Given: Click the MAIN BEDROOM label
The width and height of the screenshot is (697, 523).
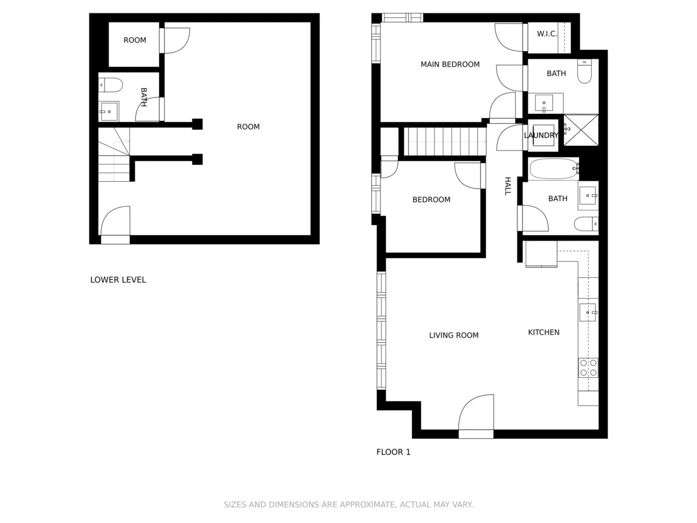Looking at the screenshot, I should pos(450,65).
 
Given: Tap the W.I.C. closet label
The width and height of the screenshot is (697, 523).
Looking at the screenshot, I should pos(547,34).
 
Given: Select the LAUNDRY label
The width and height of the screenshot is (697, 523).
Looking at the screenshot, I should pos(541,135).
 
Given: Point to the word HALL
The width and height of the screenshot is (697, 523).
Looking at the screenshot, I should pos(507,186).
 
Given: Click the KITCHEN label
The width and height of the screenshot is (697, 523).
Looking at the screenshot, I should pos(544,332).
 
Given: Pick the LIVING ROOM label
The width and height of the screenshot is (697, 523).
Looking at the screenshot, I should pos(454,335).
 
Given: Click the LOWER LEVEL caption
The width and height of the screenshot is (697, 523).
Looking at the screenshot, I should pos(118,280).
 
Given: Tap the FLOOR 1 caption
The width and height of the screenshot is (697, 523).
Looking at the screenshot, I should pos(393,452).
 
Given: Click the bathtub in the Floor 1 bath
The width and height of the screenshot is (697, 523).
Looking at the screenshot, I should pos(554,169).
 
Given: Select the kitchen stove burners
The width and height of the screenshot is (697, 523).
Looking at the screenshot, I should pos(588,368).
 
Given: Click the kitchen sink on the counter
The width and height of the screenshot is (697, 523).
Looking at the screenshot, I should pos(587,312).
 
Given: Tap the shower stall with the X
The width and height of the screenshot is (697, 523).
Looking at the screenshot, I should pos(581,130).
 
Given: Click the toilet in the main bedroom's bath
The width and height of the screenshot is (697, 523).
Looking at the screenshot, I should pos(584,72).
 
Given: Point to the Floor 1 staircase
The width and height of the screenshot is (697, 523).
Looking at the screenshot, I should pos(444,141).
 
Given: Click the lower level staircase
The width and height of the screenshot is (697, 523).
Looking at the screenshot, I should pos(114,155).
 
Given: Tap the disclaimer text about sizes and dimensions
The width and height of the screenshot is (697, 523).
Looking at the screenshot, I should pos(348,504).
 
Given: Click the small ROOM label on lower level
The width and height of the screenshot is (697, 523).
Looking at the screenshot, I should pos(135,41).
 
